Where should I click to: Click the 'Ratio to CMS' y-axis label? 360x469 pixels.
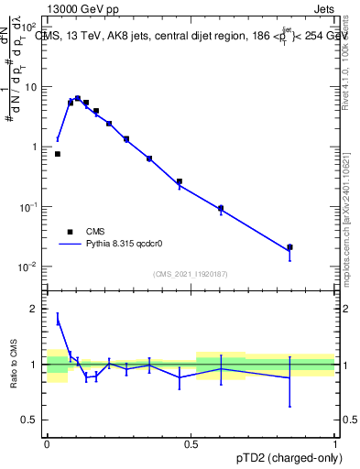16,365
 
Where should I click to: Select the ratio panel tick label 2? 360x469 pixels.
37,309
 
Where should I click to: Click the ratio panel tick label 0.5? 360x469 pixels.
32,420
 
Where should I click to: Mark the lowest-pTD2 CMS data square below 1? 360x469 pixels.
58,154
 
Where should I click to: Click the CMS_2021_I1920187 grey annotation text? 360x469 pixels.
191,273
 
